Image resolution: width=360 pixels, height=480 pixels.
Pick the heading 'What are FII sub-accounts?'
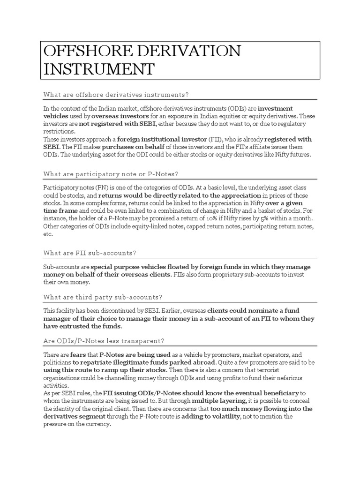90,253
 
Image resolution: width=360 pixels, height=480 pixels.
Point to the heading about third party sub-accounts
103,297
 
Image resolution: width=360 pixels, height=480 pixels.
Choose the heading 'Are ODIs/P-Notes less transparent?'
104,341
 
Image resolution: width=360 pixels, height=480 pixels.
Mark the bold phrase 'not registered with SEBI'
117,124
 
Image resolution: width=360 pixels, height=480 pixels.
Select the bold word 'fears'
78,355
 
